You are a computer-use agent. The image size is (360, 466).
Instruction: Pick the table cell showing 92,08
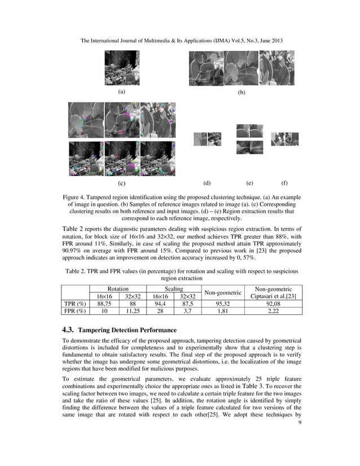pos(276,304)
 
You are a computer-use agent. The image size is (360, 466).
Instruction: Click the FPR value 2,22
pos(276,311)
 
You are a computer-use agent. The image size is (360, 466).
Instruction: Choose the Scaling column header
pos(173,288)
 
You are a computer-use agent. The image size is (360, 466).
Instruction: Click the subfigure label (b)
pos(242,91)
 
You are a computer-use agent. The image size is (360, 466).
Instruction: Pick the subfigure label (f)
pos(284,183)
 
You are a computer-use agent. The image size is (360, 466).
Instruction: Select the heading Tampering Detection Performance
pos(127,329)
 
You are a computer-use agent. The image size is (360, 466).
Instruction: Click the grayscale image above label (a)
pos(122,68)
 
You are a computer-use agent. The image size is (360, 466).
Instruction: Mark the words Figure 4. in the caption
pos(76,197)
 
